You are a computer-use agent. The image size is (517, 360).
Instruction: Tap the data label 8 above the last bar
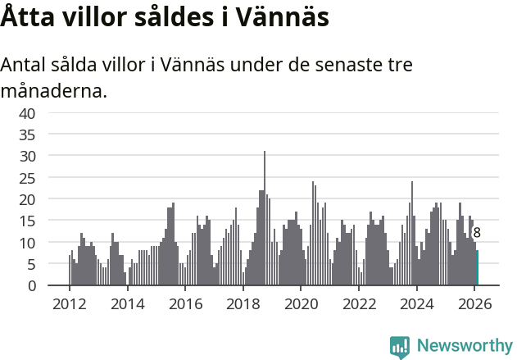(x=477, y=233)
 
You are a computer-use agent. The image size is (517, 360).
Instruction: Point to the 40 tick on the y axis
(x=27, y=113)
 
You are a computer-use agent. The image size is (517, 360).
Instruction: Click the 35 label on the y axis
(x=27, y=134)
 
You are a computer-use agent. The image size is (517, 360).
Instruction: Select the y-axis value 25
(x=27, y=178)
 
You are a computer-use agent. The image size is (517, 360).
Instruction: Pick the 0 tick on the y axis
(x=31, y=286)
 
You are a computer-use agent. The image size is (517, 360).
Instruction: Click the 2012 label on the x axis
(x=69, y=303)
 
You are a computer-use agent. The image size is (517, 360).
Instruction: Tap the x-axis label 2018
(x=243, y=303)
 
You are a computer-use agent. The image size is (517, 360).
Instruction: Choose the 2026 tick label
(x=474, y=303)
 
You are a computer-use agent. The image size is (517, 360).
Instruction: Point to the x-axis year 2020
(x=301, y=303)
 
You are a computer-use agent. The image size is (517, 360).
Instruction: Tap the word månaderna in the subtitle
(x=54, y=90)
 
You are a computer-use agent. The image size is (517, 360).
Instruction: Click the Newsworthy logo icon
(x=400, y=346)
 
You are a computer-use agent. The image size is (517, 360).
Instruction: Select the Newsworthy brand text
(x=464, y=346)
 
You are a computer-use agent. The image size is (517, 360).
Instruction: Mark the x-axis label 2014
(x=127, y=303)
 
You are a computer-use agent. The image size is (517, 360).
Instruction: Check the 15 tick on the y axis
(x=27, y=221)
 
